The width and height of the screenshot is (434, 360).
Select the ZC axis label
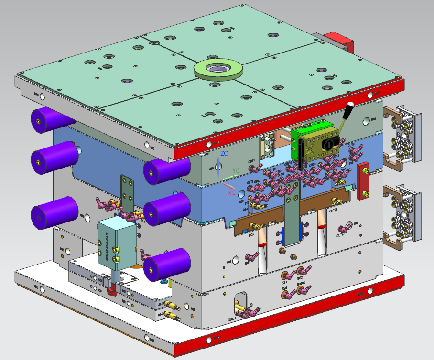(224, 154)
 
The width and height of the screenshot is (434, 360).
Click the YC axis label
(236, 170)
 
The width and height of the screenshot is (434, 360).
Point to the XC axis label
(231, 192)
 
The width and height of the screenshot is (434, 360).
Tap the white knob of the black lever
(350, 105)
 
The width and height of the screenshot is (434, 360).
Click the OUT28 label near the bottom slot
(232, 318)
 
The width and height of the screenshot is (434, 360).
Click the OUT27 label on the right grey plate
(340, 235)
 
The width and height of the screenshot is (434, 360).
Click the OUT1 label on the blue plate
(251, 162)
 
